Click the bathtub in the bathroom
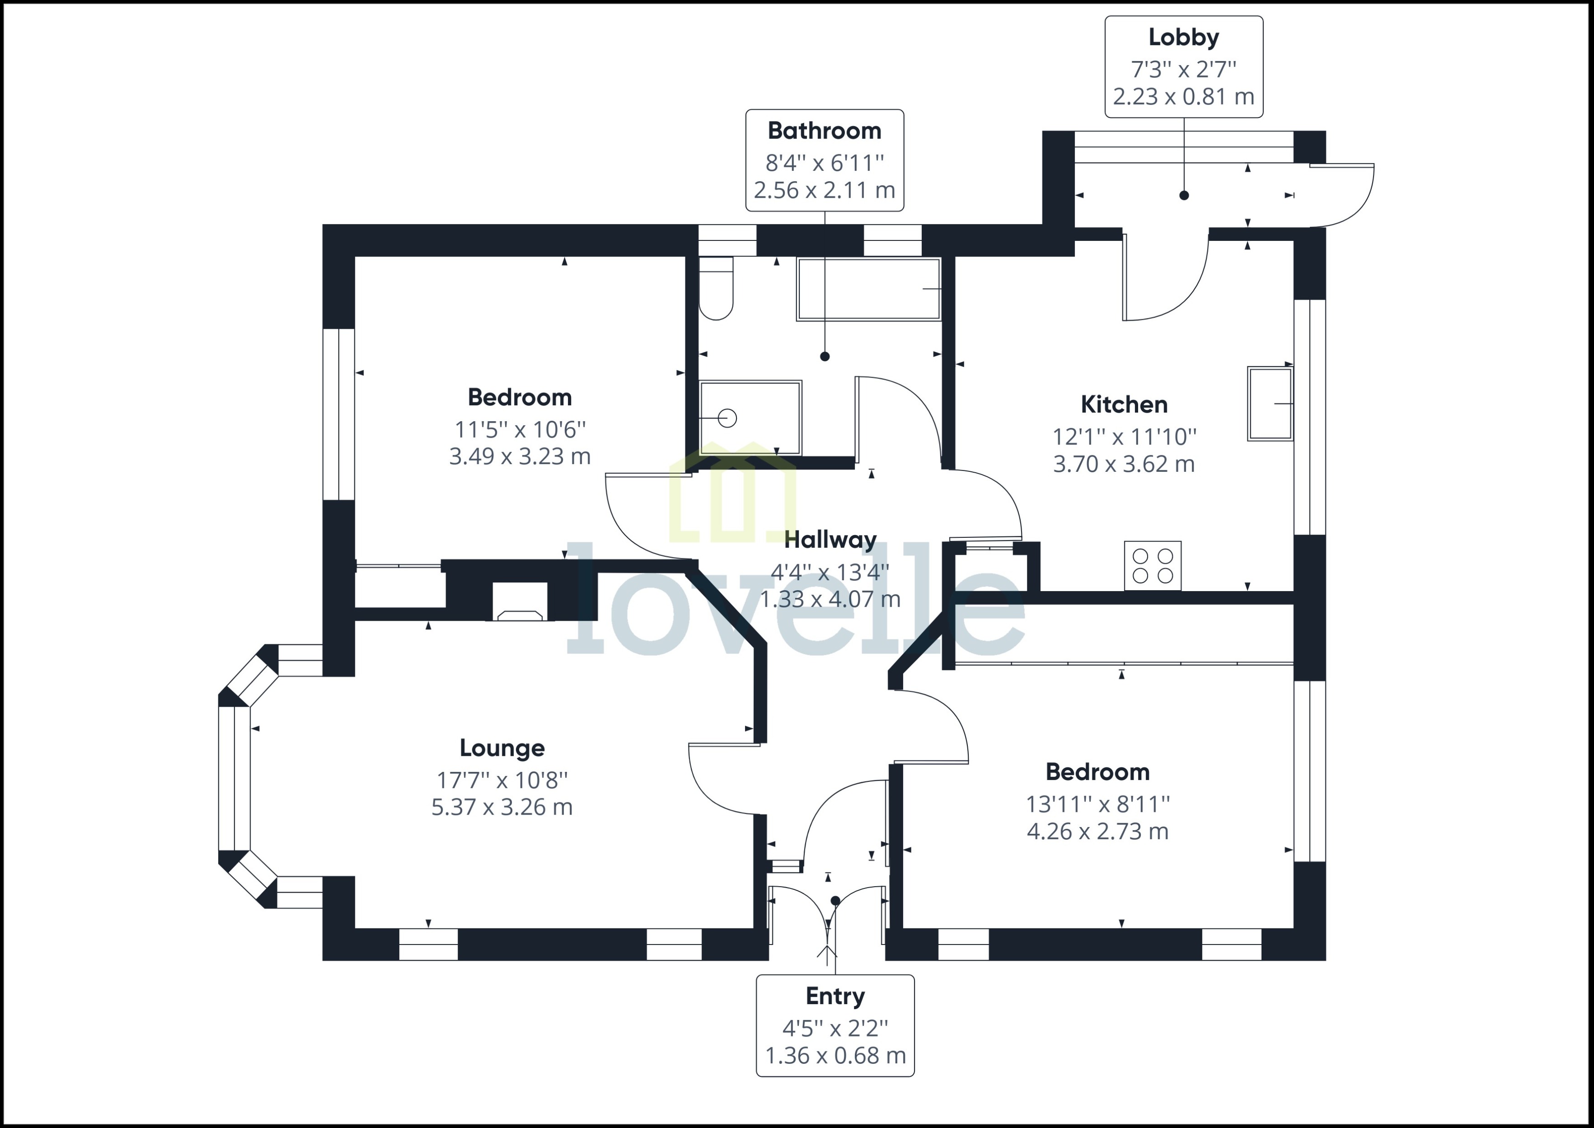point(868,289)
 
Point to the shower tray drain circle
point(727,418)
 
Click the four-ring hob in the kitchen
point(1152,566)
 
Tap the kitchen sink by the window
point(1270,403)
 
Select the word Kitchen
point(1124,405)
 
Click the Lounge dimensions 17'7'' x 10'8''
point(501,780)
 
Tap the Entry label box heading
point(835,996)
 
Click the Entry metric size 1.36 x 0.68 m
point(835,1056)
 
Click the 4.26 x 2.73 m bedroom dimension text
point(1098,832)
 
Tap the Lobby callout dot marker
point(1184,196)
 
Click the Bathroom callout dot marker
point(824,356)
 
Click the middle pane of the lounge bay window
point(234,778)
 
